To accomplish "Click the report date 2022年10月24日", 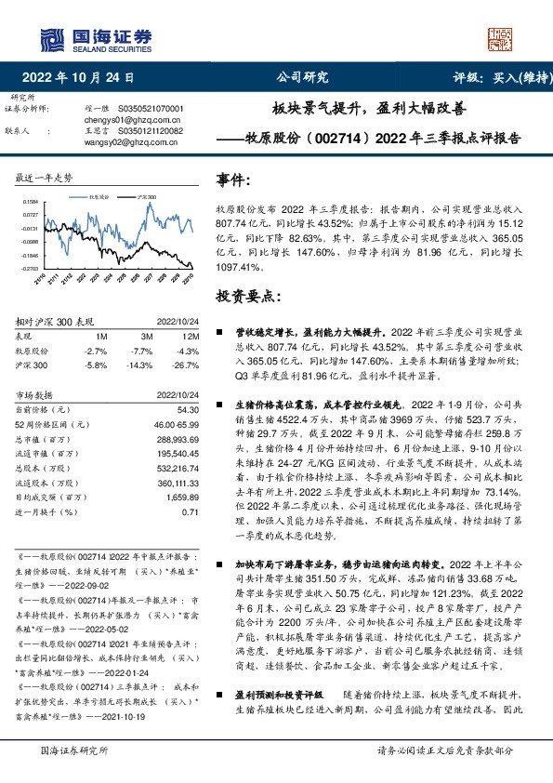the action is tap(84, 77).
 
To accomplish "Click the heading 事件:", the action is tap(235, 179).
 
